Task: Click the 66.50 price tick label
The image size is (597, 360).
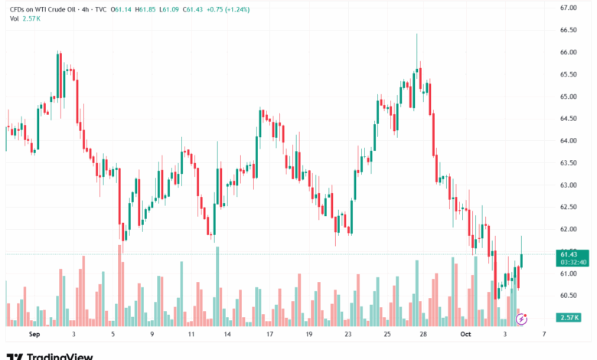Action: pos(568,30)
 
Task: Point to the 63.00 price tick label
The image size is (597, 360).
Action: pos(568,185)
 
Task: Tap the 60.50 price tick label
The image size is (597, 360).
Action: pos(568,295)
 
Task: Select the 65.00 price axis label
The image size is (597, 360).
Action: pos(568,97)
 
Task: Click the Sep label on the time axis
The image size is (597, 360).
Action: pos(34,335)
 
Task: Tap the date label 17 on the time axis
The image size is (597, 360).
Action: pos(269,335)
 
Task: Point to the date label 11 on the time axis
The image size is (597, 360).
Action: pos(191,335)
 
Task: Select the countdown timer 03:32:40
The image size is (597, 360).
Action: pos(573,262)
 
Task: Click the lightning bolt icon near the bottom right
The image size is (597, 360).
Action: pos(522,316)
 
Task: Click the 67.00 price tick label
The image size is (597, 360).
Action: pos(568,8)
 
